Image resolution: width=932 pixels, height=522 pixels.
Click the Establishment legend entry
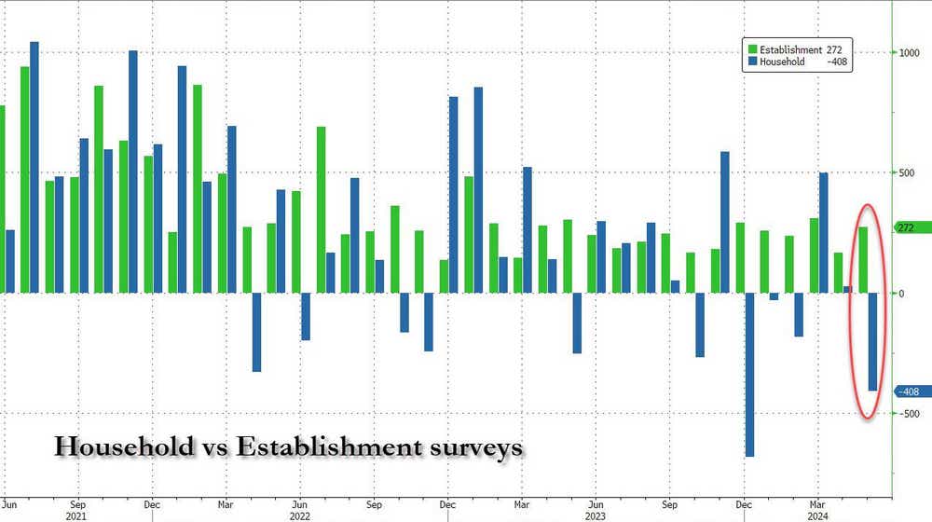click(x=792, y=49)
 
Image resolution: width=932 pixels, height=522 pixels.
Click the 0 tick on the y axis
click(x=899, y=293)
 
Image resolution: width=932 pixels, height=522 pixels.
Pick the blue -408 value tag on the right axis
click(x=908, y=391)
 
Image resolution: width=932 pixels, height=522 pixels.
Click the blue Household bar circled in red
click(x=873, y=341)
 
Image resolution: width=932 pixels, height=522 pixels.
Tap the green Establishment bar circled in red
click(x=863, y=259)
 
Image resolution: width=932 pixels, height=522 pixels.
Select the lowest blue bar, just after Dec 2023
click(x=749, y=374)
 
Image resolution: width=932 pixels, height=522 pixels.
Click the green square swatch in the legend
click(x=751, y=49)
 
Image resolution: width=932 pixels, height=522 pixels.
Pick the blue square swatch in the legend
click(x=751, y=62)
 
